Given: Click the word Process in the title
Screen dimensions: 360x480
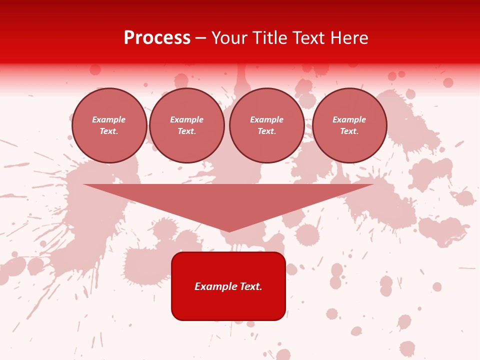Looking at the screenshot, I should pyautogui.click(x=157, y=38).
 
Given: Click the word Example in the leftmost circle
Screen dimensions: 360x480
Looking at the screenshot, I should pyautogui.click(x=109, y=119).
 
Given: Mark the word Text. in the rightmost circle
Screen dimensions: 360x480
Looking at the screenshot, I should pyautogui.click(x=349, y=131).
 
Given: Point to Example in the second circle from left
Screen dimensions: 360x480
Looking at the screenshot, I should pyautogui.click(x=187, y=119).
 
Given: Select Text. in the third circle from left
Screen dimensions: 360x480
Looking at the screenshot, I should pyautogui.click(x=267, y=131).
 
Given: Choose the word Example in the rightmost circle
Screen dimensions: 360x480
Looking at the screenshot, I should pyautogui.click(x=349, y=119).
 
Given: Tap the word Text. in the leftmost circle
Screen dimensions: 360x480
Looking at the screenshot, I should pyautogui.click(x=109, y=131).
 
